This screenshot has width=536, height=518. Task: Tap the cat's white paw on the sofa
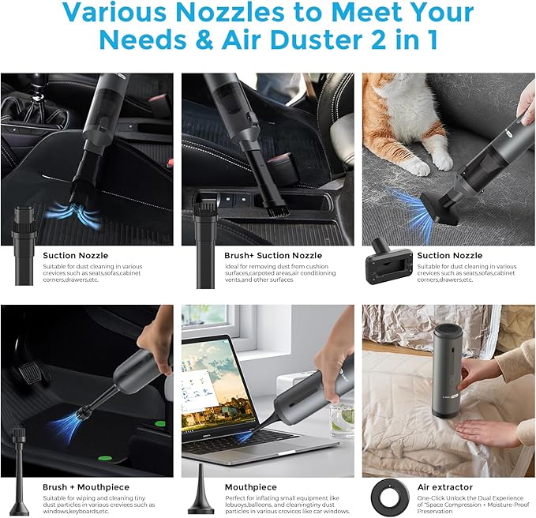point(417,167)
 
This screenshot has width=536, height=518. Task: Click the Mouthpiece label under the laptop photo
point(252,487)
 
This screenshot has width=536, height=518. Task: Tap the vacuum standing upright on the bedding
point(448,370)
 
